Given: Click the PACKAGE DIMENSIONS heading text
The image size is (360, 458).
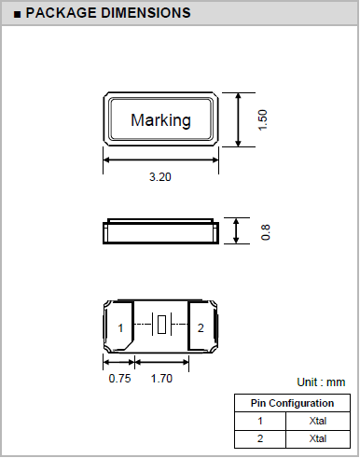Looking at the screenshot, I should point(108,13).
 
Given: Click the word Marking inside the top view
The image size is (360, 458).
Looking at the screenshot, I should point(160,120).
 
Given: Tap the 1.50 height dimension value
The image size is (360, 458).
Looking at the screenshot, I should point(263,120).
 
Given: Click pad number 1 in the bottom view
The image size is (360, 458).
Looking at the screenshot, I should point(120,327).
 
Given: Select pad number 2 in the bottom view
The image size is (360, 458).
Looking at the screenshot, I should point(201,327).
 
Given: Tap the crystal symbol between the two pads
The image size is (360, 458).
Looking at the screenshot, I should point(161,326).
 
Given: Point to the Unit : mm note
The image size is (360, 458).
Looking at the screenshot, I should point(321,382).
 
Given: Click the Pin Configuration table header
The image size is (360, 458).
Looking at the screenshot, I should point(293,403).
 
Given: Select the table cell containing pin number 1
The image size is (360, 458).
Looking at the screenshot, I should point(261,421).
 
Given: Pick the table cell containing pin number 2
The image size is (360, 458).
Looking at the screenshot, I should point(261,438).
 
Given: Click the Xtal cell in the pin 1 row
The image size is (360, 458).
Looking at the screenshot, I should point(318,421).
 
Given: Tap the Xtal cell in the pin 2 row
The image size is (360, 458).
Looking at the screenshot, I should point(318,438).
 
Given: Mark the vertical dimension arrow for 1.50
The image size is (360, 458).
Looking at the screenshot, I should point(241,120).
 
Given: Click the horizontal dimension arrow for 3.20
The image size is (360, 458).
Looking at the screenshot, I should point(160,160).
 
